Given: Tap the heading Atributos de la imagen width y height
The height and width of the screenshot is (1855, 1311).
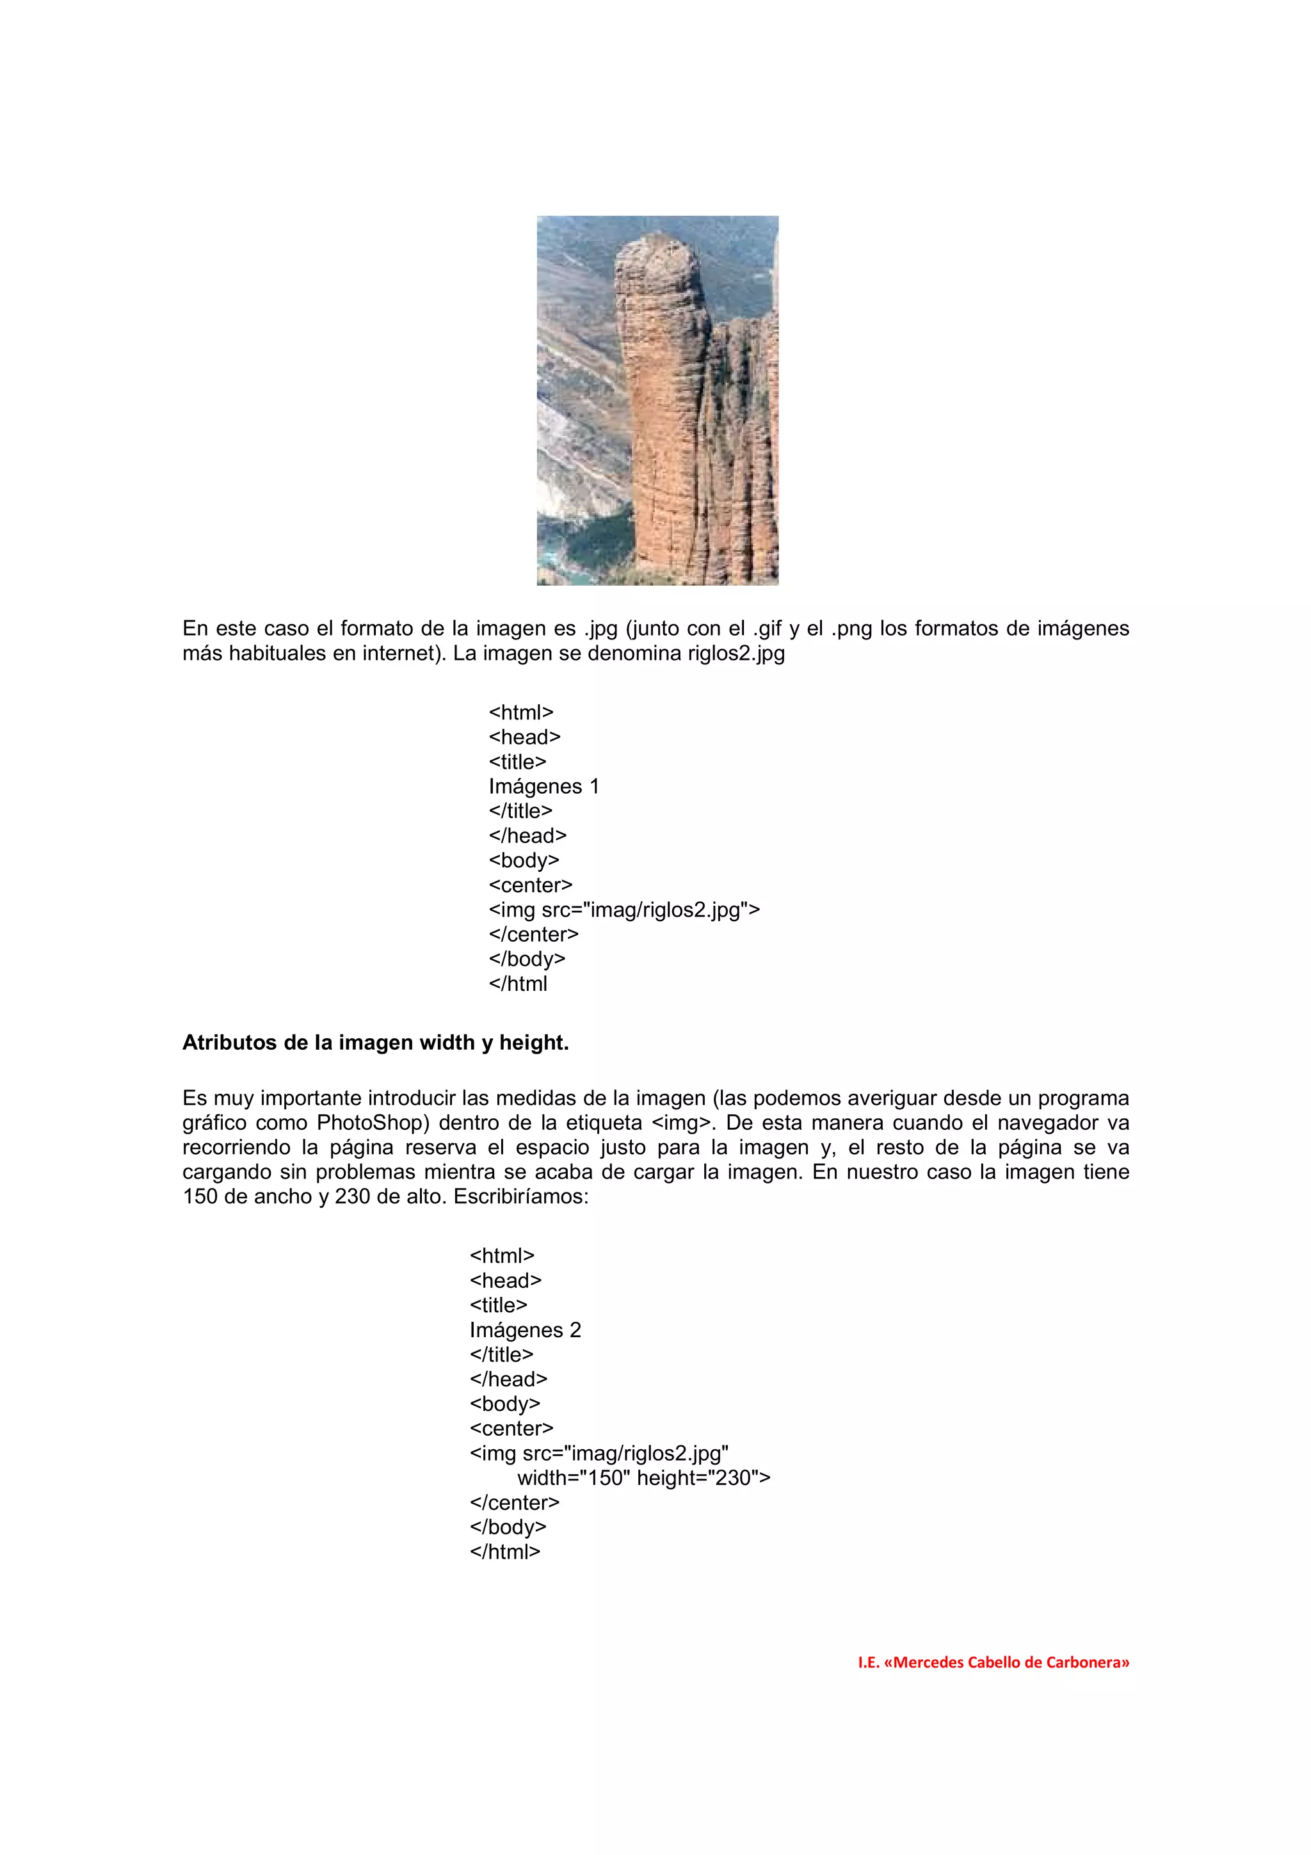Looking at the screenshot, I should (x=376, y=1043).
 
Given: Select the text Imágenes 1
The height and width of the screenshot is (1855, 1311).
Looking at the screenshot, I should (x=543, y=786).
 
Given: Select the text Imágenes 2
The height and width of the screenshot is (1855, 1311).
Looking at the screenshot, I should (x=525, y=1330).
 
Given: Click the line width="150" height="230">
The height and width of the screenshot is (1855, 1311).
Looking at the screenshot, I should (x=644, y=1478).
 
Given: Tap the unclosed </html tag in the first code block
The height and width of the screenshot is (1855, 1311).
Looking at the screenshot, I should (x=518, y=984).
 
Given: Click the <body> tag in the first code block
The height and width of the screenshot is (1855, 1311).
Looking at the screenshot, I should (x=524, y=860).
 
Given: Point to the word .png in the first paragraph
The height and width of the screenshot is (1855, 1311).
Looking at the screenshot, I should (x=851, y=629).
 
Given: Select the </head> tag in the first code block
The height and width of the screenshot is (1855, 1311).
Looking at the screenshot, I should (x=527, y=835).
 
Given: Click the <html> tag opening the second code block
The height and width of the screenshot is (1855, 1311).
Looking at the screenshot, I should (x=502, y=1255).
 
